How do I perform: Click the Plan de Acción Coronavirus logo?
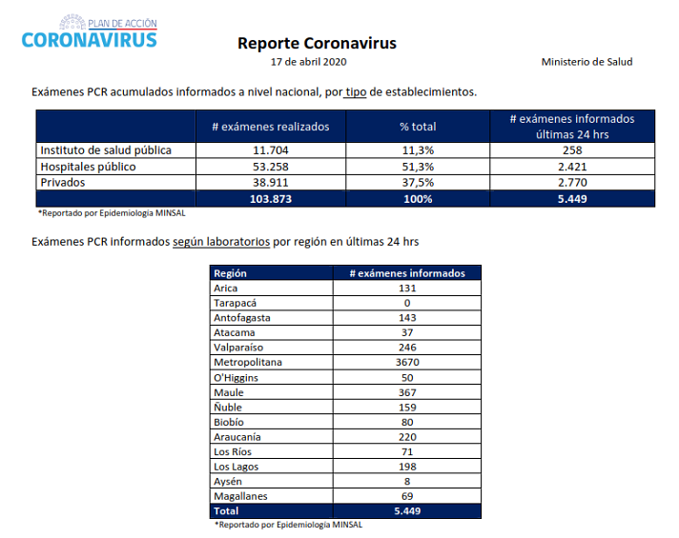pyautogui.click(x=90, y=31)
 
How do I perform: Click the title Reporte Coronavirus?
pyautogui.click(x=317, y=43)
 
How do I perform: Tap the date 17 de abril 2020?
pyautogui.click(x=308, y=62)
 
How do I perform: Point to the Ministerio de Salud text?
pyautogui.click(x=586, y=62)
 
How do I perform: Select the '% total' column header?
pyautogui.click(x=418, y=127)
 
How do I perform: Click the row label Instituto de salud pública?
pyautogui.click(x=106, y=150)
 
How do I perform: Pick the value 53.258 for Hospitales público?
pyautogui.click(x=271, y=167)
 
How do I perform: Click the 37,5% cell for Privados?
pyautogui.click(x=418, y=183)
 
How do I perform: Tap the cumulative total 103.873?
pyautogui.click(x=271, y=199)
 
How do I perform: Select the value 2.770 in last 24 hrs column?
pyautogui.click(x=572, y=183)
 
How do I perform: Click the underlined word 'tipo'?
pyautogui.click(x=356, y=92)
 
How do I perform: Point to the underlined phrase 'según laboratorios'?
pyautogui.click(x=221, y=242)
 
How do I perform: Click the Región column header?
pyautogui.click(x=230, y=273)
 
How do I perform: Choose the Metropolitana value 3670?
pyautogui.click(x=407, y=362)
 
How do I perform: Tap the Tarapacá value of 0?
pyautogui.click(x=407, y=303)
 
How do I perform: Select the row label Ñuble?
pyautogui.click(x=228, y=407)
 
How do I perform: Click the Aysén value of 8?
pyautogui.click(x=407, y=482)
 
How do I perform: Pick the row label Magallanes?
pyautogui.click(x=240, y=496)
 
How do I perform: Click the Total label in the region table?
pyautogui.click(x=226, y=511)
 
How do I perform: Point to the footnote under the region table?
pyautogui.click(x=289, y=525)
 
